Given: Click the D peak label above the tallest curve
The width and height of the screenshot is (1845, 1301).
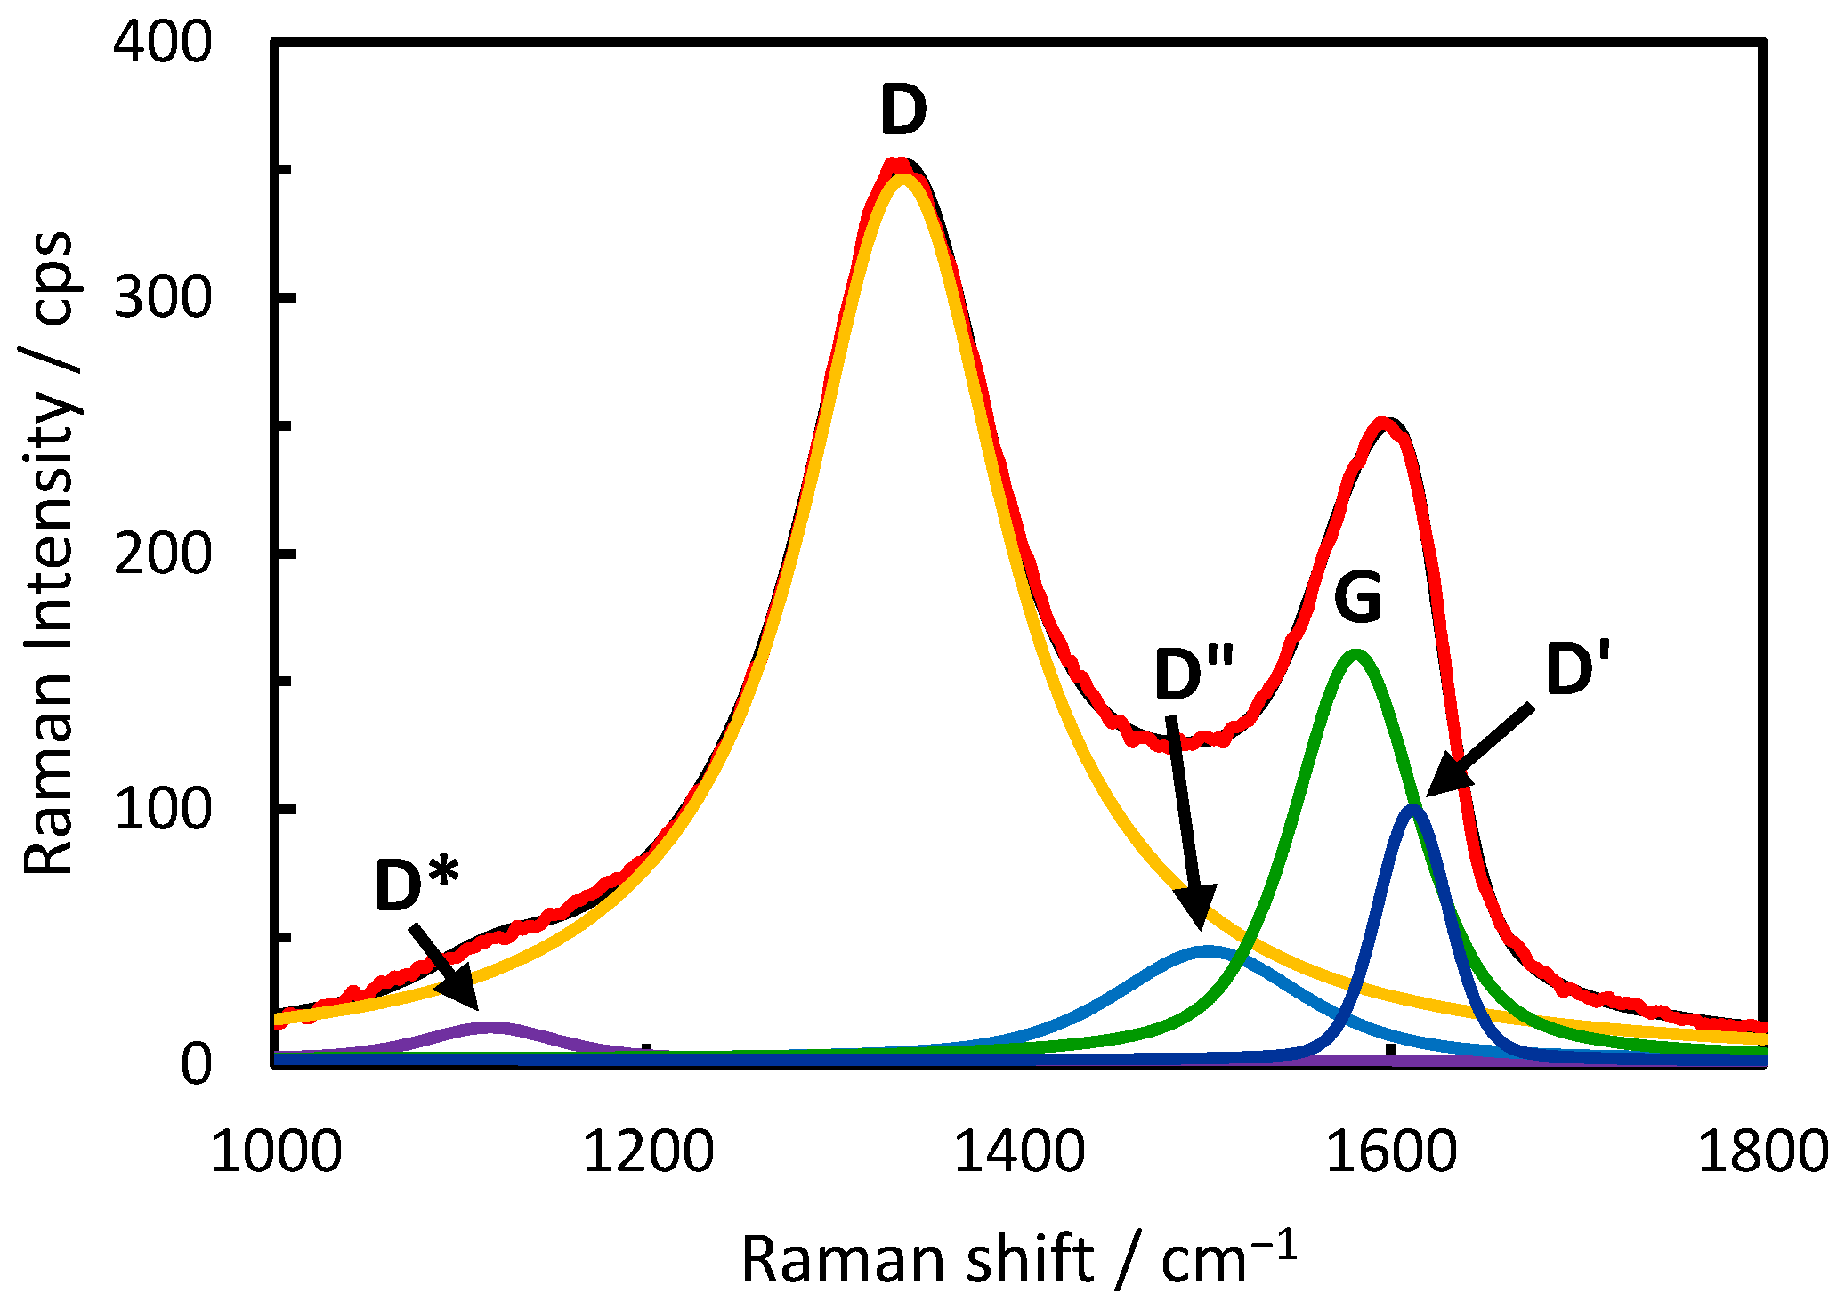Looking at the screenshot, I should point(902,110).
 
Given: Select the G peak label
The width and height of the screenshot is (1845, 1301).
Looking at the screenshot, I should point(1357,597).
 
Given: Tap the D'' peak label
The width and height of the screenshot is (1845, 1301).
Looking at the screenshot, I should point(1194,674).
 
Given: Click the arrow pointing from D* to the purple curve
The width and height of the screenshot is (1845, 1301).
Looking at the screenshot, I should point(444,967).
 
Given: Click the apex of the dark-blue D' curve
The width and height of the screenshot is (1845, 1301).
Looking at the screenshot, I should point(1412,809).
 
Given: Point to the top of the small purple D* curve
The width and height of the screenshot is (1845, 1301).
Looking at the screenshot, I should point(489,1027).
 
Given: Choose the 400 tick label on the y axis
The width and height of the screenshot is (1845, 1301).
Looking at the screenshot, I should point(163,42).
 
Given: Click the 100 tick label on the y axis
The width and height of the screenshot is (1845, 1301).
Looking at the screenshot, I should point(163,809).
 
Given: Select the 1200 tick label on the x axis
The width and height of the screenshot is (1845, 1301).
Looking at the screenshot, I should point(647,1152).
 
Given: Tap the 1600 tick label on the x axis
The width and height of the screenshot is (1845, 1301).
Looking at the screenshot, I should point(1391,1152).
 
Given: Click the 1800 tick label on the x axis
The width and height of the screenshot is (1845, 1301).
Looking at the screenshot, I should point(1762,1152).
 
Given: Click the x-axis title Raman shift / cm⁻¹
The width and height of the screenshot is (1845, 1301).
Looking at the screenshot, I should point(1018,1258).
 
